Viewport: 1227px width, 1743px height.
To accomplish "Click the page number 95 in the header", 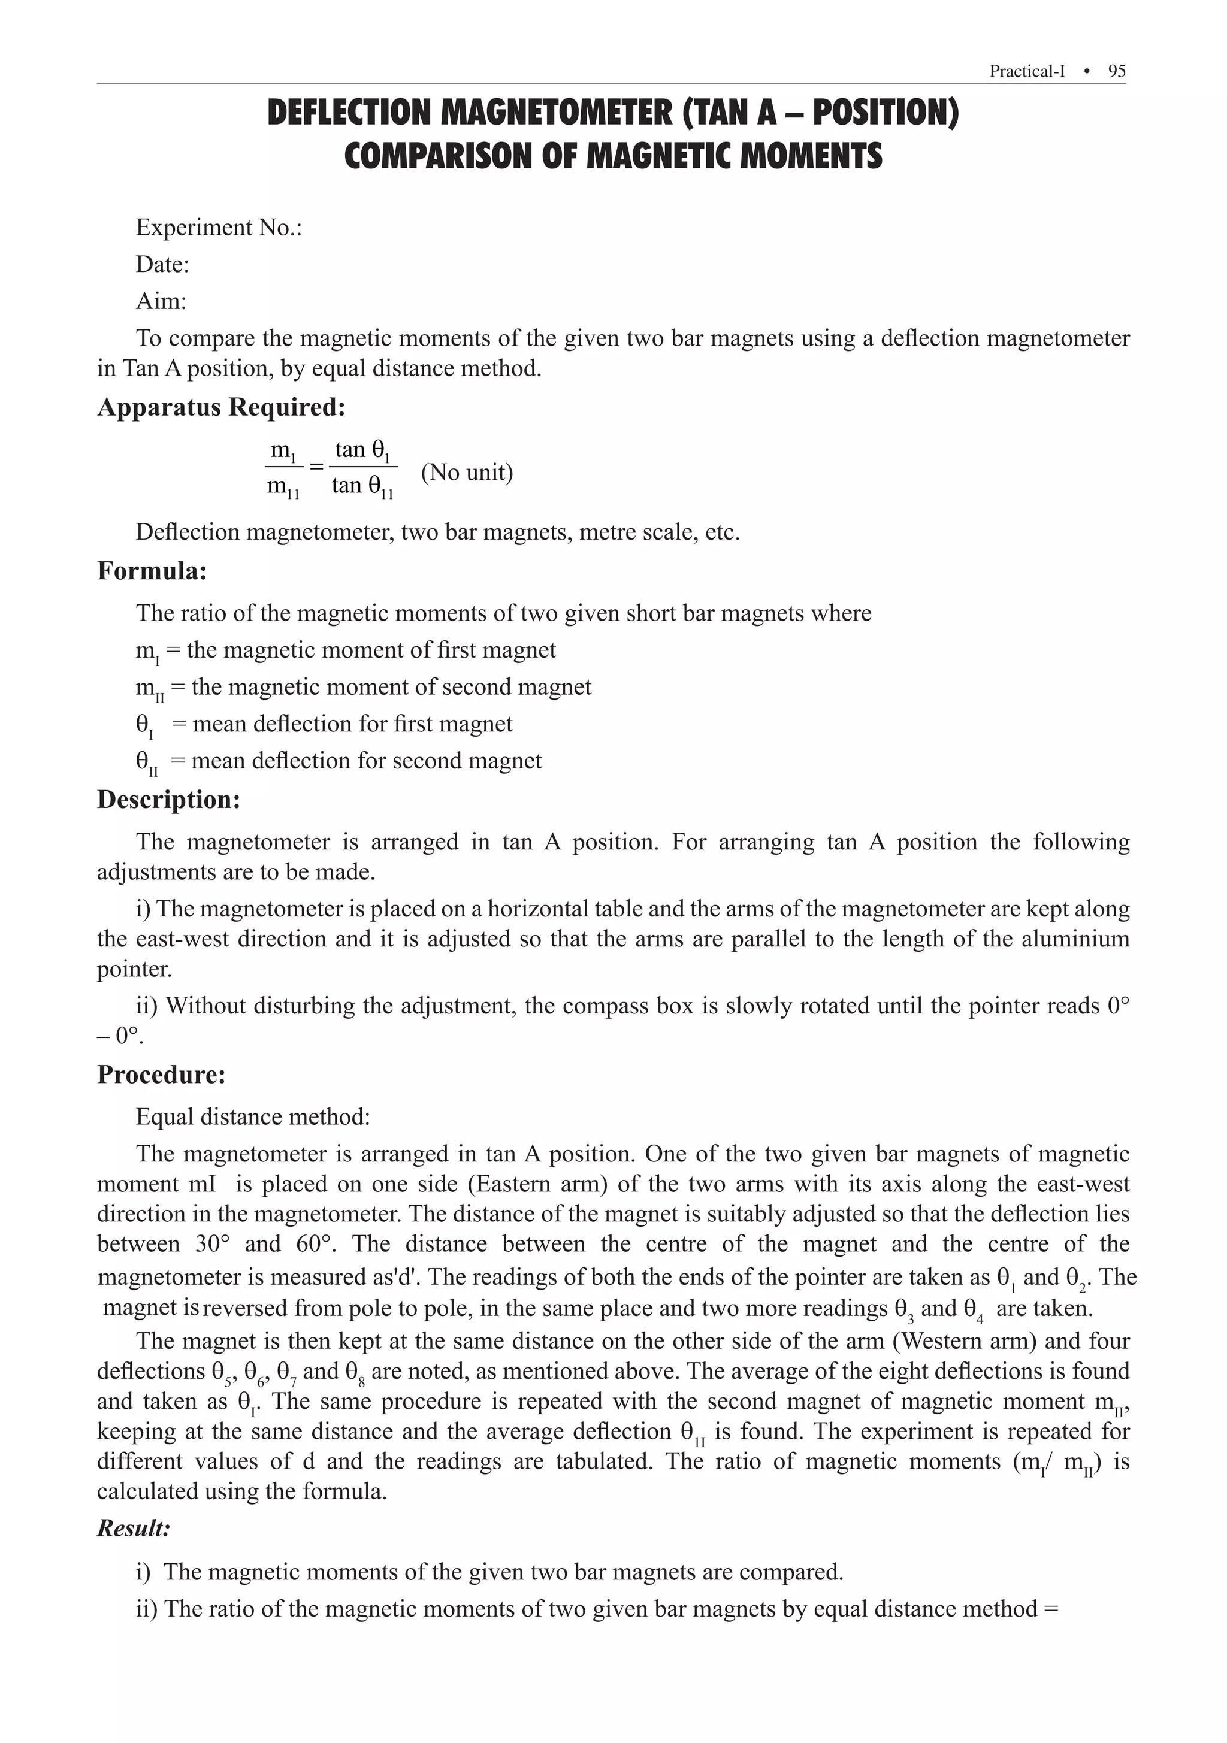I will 1116,71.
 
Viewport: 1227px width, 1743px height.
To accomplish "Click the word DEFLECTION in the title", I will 350,113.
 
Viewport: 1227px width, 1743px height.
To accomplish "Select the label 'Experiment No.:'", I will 219,227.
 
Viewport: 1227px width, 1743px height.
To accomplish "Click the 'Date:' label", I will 162,264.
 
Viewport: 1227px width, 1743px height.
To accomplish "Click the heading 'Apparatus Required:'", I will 221,408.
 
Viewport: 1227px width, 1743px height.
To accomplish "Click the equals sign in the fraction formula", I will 316,465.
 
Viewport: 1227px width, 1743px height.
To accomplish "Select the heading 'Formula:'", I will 152,571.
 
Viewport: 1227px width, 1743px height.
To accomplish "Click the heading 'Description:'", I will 168,800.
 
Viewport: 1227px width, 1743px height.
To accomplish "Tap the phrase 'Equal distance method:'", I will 253,1116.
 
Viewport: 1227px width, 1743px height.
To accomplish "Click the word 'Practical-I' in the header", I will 1026,71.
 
